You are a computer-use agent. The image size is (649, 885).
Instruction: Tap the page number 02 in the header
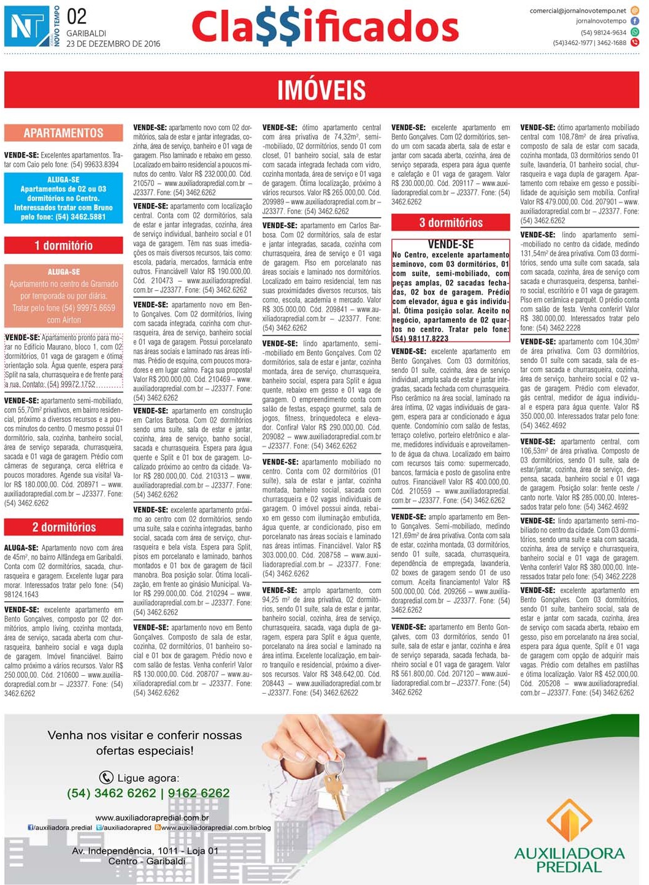click(x=77, y=17)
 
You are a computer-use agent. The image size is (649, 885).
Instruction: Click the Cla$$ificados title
click(x=324, y=27)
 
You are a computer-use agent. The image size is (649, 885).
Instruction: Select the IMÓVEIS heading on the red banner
click(x=321, y=90)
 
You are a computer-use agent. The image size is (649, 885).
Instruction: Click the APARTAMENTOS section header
click(x=63, y=133)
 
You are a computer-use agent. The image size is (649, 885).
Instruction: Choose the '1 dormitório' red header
click(x=63, y=246)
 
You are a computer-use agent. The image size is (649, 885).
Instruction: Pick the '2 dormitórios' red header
click(x=64, y=527)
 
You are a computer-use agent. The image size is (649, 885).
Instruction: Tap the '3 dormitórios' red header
click(x=451, y=223)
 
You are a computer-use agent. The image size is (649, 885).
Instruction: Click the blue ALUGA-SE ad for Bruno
click(x=63, y=198)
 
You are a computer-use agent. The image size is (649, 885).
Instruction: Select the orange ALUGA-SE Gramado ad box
click(x=63, y=296)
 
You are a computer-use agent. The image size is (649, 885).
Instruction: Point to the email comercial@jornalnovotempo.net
click(x=578, y=10)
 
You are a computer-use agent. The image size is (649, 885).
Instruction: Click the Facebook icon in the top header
click(x=635, y=21)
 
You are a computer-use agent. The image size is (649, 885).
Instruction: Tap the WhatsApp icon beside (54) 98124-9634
click(x=635, y=32)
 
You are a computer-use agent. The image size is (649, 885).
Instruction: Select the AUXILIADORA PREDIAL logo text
click(x=569, y=859)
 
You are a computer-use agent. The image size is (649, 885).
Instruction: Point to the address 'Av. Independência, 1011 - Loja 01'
click(x=145, y=851)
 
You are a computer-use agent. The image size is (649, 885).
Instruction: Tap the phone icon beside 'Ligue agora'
click(x=106, y=778)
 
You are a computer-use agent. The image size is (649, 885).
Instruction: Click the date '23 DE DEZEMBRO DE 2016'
click(x=113, y=44)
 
